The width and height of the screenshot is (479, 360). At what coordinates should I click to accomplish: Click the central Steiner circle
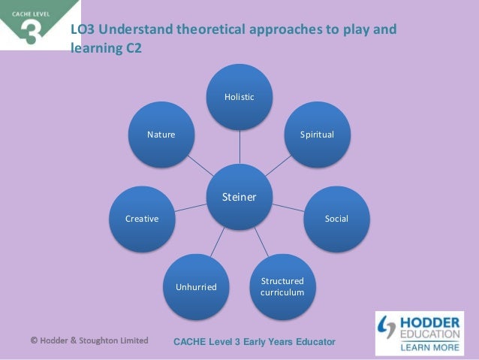point(239,198)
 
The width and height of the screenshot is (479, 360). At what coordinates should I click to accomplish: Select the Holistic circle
point(240,98)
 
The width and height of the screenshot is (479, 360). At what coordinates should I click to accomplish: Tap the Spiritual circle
point(317,135)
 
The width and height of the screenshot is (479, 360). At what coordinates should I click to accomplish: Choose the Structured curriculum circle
point(282,286)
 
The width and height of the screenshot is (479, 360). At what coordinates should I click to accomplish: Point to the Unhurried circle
point(196,286)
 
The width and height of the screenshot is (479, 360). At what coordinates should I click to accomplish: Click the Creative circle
point(142,219)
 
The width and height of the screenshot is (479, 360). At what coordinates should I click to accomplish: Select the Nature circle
point(161,135)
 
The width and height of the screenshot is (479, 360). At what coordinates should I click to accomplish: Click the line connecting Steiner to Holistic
point(240,147)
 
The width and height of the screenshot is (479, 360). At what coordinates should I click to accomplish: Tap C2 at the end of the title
point(130,50)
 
